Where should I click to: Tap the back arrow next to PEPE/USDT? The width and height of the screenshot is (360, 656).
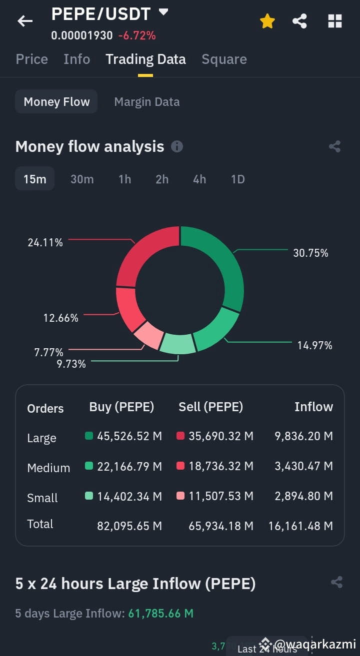pos(25,21)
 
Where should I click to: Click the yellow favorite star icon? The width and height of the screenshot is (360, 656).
pos(267,21)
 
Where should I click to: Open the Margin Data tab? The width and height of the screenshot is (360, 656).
pos(147,102)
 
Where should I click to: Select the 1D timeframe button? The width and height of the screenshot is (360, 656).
pos(238,179)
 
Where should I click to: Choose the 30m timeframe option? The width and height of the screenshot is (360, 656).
pos(82,179)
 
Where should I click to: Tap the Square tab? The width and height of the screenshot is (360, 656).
pos(224,59)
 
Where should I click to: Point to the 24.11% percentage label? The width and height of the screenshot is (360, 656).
pos(45,242)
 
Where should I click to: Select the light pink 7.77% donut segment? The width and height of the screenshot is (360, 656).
pos(148,335)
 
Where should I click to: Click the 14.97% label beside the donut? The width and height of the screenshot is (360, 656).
pos(315,346)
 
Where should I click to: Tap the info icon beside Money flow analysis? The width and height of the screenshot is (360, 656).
pos(177,146)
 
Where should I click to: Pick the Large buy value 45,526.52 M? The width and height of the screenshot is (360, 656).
pos(129,436)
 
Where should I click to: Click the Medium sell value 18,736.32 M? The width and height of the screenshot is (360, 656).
pos(221,466)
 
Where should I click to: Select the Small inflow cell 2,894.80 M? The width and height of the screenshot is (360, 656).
pos(303,496)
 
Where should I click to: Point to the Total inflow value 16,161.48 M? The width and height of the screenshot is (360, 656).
pos(301,526)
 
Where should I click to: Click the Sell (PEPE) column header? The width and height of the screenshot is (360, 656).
pos(211,407)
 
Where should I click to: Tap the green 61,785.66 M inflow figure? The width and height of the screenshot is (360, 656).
pos(160,613)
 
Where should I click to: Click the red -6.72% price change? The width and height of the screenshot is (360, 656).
pos(137,36)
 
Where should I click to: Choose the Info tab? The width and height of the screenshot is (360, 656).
pos(77,59)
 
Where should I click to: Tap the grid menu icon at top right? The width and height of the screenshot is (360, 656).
pos(335,21)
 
